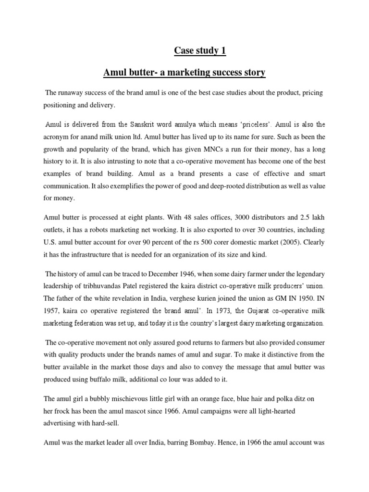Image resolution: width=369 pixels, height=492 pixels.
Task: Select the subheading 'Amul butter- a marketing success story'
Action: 184,73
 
